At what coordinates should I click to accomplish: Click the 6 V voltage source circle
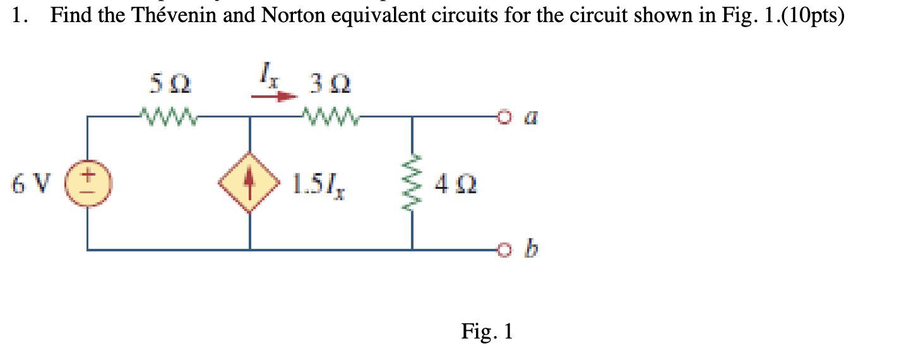87,183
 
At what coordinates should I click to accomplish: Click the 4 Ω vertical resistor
412,183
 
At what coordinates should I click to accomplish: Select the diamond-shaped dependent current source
250,183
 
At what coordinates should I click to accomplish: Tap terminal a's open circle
503,117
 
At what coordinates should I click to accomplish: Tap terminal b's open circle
503,250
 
